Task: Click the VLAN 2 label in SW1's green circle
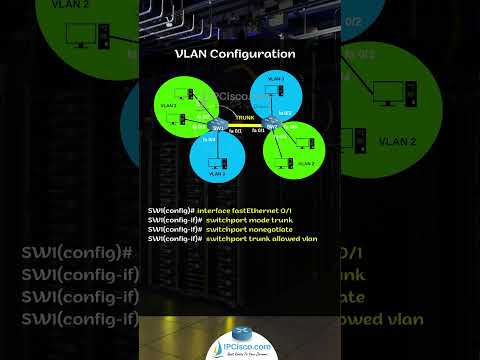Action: point(168,105)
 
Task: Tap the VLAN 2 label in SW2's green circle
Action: point(304,162)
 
